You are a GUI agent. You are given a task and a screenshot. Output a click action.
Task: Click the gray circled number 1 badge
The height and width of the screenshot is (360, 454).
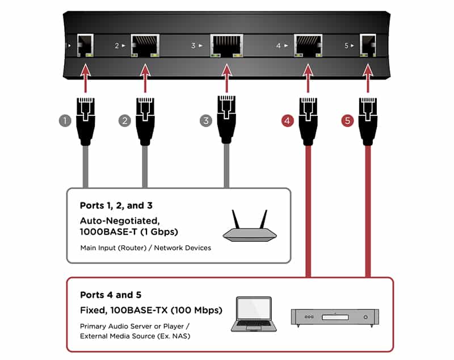click(x=65, y=120)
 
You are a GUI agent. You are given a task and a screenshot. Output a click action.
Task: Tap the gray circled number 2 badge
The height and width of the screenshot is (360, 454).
click(x=125, y=120)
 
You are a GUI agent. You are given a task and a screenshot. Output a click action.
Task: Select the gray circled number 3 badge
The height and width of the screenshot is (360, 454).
click(x=206, y=120)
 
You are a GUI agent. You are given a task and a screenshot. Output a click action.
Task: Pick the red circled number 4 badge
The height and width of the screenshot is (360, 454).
click(x=288, y=120)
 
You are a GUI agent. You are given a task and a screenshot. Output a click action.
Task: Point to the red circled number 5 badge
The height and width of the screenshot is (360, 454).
click(x=347, y=120)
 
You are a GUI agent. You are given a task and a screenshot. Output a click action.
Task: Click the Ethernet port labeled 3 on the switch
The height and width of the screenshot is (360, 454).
click(x=226, y=45)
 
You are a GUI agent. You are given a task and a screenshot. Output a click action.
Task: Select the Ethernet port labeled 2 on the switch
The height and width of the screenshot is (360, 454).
click(x=145, y=45)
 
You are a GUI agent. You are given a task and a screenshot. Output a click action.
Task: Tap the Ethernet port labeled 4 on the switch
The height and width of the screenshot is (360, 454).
click(x=308, y=45)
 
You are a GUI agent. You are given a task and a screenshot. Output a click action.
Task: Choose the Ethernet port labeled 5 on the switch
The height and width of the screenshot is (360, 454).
click(x=368, y=45)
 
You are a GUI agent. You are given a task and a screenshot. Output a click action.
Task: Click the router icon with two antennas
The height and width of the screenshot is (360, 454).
click(x=250, y=226)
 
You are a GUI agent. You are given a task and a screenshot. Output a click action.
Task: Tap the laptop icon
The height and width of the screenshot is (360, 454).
click(x=254, y=314)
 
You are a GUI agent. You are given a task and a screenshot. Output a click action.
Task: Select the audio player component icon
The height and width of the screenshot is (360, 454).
click(x=335, y=317)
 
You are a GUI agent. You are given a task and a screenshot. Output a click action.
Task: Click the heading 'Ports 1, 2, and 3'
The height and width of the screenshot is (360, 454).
click(x=116, y=206)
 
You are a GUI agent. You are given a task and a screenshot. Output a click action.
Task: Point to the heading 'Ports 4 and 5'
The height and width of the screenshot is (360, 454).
click(x=111, y=295)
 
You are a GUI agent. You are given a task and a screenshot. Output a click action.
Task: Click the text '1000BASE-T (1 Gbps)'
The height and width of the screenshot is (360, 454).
click(x=129, y=232)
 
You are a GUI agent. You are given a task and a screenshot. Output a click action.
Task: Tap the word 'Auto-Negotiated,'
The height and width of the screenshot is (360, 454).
click(x=120, y=221)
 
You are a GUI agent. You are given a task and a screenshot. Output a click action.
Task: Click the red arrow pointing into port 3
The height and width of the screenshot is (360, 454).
click(x=226, y=78)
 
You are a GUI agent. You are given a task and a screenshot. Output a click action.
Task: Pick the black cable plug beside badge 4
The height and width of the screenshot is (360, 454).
click(x=308, y=121)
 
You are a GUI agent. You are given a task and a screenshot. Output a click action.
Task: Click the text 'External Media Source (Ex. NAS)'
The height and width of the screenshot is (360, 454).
click(x=135, y=336)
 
